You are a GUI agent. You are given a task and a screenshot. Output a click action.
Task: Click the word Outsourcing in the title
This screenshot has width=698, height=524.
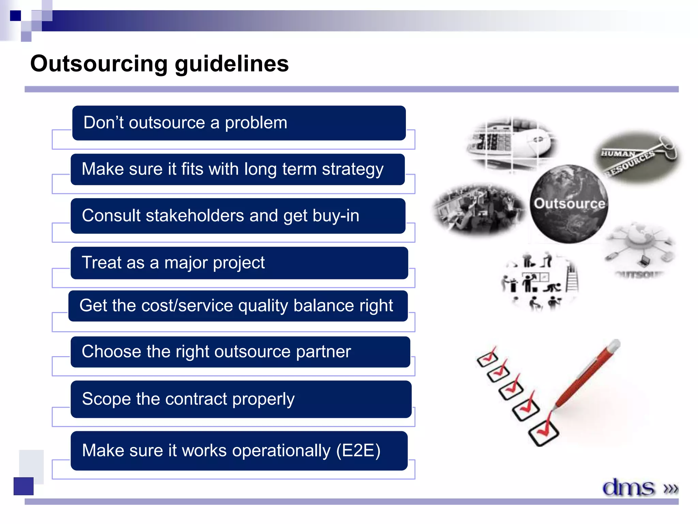click(x=99, y=64)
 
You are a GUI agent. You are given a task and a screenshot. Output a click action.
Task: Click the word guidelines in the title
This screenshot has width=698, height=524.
click(x=232, y=64)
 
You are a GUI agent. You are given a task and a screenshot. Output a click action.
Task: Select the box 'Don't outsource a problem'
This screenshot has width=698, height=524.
click(x=239, y=123)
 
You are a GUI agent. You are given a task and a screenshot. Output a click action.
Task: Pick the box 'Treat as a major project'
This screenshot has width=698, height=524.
click(x=239, y=263)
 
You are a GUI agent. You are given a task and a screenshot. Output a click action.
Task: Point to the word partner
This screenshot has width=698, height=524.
click(x=323, y=352)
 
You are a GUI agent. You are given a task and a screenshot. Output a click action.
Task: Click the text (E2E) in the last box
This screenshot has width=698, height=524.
click(x=358, y=451)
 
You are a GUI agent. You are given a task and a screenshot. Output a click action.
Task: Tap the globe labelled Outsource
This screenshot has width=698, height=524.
click(x=568, y=204)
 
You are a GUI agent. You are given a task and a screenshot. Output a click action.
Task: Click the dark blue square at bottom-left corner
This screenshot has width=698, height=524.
click(x=24, y=486)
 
